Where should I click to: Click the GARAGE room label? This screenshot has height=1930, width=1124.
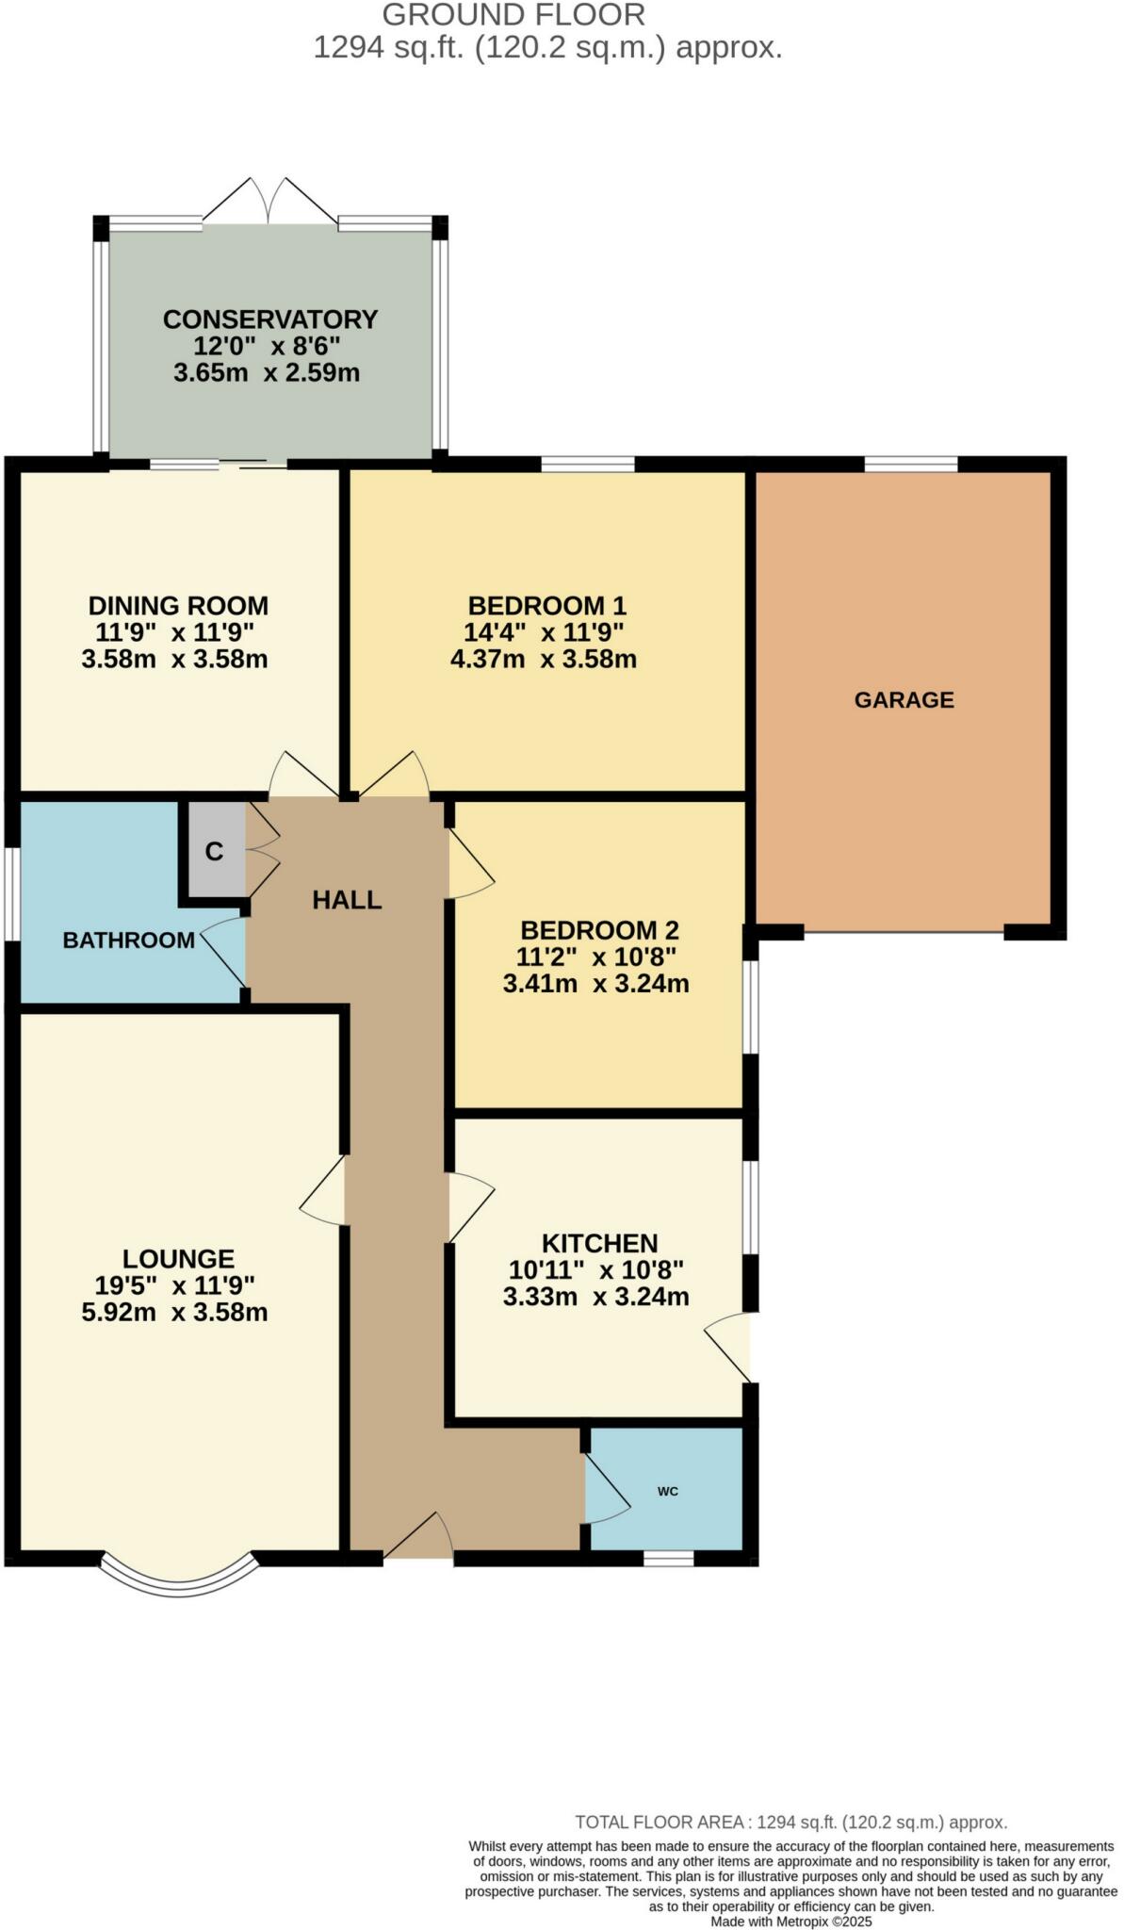click(904, 699)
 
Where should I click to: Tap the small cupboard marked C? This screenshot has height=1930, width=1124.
click(215, 851)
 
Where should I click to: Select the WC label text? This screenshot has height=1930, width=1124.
click(667, 1491)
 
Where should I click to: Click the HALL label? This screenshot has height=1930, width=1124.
click(347, 900)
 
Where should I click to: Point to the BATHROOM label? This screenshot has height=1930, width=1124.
click(128, 940)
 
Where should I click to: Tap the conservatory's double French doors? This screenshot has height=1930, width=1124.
click(269, 201)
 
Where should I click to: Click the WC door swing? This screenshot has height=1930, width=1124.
click(606, 1488)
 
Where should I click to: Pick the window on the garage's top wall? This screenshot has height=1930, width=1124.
click(911, 464)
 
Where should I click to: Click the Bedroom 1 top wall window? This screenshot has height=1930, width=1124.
click(588, 464)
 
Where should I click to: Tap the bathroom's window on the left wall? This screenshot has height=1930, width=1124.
click(12, 894)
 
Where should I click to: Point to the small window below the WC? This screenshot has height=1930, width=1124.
click(668, 1559)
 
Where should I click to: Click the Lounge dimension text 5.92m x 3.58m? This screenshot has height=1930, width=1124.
click(174, 1312)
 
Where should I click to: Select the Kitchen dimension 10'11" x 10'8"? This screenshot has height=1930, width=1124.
click(595, 1269)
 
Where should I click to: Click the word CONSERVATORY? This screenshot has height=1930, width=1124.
click(269, 319)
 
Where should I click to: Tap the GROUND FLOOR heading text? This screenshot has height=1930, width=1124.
click(513, 15)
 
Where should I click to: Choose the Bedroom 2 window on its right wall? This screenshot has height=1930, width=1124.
click(751, 1006)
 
